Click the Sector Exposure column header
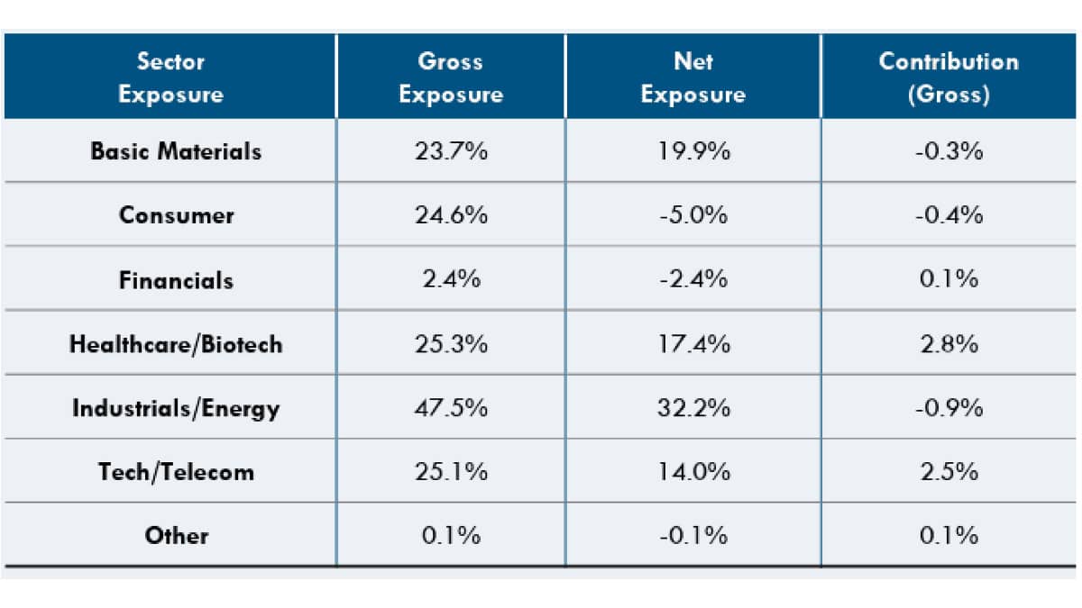point(170,77)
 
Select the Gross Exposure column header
point(451,77)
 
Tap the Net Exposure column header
point(692,77)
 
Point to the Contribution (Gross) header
point(949,77)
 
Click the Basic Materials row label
point(176,151)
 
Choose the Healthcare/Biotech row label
point(176,344)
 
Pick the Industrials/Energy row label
point(176,408)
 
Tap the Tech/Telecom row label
point(176,472)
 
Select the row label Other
point(176,536)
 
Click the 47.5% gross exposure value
point(451,408)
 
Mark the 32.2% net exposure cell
point(692,408)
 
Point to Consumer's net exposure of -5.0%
point(692,215)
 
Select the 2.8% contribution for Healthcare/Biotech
point(949,344)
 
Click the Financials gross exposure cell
point(451,280)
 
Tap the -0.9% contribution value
point(949,408)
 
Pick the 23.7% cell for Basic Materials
point(451,151)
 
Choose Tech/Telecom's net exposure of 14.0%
point(692,472)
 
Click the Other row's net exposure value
point(692,536)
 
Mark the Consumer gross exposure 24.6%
point(451,215)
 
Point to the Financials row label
point(176,280)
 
